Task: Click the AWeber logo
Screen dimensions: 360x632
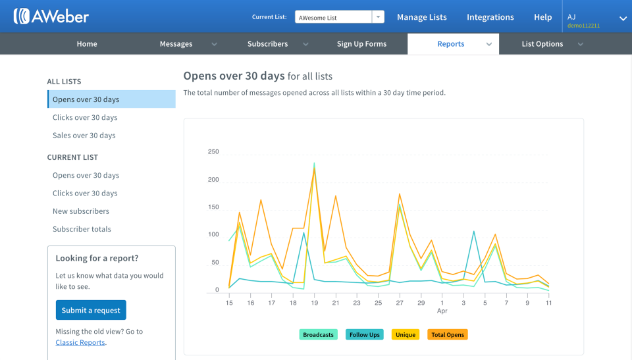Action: pos(51,16)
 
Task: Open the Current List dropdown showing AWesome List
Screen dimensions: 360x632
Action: pos(340,17)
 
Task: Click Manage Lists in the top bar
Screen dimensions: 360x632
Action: pos(421,17)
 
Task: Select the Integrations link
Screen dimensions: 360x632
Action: pos(490,17)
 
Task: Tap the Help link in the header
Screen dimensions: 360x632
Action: pos(542,17)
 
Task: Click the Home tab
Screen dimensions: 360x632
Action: pos(87,44)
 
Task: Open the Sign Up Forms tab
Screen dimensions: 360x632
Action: pos(361,44)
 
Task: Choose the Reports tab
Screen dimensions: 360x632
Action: pos(451,44)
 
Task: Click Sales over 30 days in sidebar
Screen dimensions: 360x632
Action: pos(84,136)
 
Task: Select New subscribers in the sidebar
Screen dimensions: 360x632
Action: pos(81,211)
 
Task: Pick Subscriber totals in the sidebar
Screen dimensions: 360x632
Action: pos(82,229)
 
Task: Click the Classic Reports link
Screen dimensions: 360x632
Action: pos(80,342)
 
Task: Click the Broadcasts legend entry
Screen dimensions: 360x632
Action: pos(318,335)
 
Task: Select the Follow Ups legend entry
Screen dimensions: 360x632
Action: pos(364,335)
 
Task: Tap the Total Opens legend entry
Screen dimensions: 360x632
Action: pos(448,335)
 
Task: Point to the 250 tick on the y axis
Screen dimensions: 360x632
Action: pos(213,152)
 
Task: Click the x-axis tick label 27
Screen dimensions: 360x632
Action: pos(400,303)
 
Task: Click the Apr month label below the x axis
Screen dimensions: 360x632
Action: pos(442,311)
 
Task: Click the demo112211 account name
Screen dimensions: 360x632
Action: pos(583,26)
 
